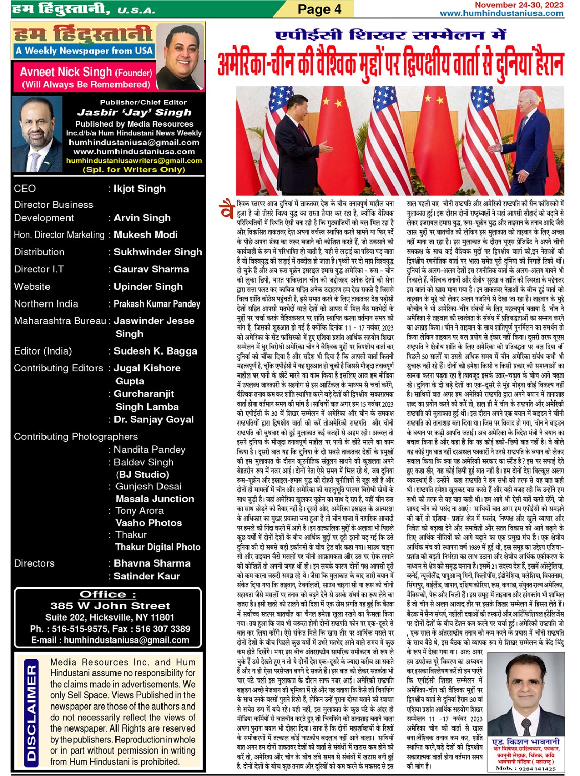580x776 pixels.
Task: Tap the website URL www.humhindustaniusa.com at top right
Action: (501, 13)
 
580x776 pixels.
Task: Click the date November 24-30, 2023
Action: (519, 5)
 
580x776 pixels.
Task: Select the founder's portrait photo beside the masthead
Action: (180, 57)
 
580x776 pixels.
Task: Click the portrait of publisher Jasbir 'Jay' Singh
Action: (37, 134)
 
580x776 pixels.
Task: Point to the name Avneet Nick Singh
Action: (66, 72)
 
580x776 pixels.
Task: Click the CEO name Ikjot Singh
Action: (140, 189)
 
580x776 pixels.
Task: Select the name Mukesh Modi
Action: (146, 234)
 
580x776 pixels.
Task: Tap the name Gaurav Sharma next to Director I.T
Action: (151, 269)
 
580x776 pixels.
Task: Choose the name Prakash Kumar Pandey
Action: (157, 303)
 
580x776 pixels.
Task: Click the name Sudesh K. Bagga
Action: (155, 351)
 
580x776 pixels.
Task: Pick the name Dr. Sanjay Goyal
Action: (153, 419)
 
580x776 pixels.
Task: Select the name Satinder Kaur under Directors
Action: (147, 576)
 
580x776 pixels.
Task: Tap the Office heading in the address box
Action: (108, 594)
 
